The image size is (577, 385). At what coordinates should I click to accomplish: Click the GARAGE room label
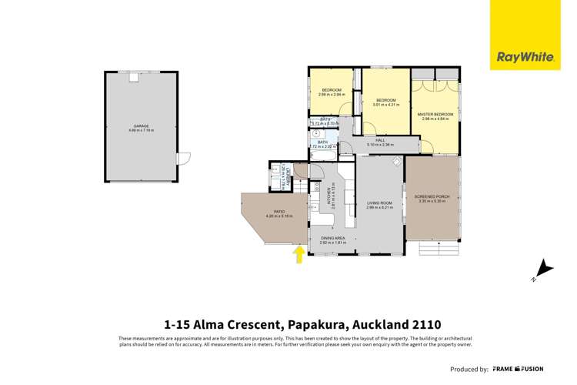point(141,126)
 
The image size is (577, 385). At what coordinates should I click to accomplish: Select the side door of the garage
point(181,159)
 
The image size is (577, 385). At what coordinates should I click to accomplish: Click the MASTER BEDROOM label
point(435,114)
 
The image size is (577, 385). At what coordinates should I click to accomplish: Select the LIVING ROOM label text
point(379,203)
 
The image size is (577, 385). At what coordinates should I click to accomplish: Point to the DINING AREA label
point(333,239)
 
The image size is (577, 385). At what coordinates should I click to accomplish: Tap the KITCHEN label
point(330,198)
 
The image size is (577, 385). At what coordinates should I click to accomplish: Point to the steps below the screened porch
point(436,248)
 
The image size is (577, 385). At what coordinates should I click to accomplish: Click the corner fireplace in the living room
point(396,162)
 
